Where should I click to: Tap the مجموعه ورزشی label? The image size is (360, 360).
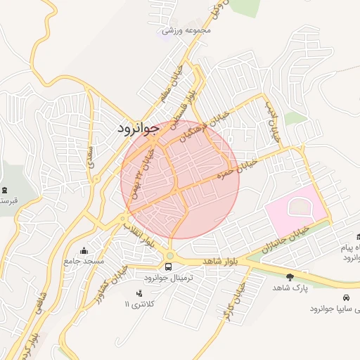[186, 30]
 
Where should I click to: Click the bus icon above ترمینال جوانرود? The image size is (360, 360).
[169, 266]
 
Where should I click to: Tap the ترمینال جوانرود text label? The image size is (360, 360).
[181, 278]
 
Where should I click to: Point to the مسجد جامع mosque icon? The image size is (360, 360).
[85, 251]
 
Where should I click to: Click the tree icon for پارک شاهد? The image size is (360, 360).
[290, 277]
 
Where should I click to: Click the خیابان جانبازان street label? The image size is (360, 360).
[285, 239]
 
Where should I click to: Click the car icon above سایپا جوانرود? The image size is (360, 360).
[349, 297]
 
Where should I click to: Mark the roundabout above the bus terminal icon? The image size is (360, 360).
[169, 255]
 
